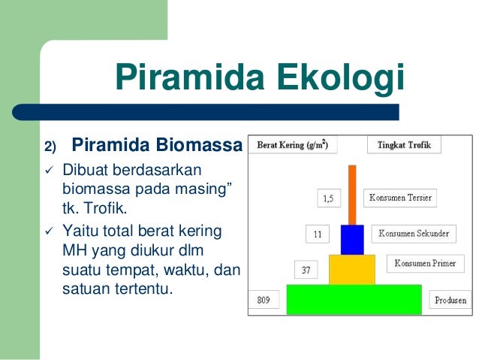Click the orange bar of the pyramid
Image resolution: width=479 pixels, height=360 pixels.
[x=352, y=195]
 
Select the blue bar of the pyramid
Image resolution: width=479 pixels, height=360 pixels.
[x=352, y=240]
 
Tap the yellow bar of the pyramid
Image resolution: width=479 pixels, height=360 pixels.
[x=352, y=270]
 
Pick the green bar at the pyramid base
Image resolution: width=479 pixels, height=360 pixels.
[x=354, y=299]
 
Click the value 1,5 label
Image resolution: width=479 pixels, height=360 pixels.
[x=329, y=198]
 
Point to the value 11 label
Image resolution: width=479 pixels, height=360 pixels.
[x=318, y=234]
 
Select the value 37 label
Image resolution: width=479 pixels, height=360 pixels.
[x=306, y=270]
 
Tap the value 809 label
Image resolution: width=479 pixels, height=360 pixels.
[x=264, y=299]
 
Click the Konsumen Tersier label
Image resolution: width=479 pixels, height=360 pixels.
[x=400, y=198]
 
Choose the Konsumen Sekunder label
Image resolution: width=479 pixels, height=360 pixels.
[x=414, y=234]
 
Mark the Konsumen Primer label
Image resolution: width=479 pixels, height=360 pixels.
[x=426, y=263]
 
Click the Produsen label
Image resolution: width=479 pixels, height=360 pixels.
[x=450, y=299]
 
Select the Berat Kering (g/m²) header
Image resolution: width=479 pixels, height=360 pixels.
[x=293, y=144]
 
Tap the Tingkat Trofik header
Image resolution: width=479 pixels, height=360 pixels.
[x=404, y=144]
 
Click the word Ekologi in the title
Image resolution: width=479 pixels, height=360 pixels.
[x=341, y=78]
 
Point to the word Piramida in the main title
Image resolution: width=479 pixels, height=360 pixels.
[x=190, y=77]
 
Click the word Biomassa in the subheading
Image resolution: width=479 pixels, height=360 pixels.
[x=199, y=144]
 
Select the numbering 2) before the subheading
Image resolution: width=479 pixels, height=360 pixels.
[x=50, y=147]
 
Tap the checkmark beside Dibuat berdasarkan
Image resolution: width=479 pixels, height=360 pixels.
[x=50, y=170]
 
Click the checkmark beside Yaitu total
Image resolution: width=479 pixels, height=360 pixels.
[x=50, y=231]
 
